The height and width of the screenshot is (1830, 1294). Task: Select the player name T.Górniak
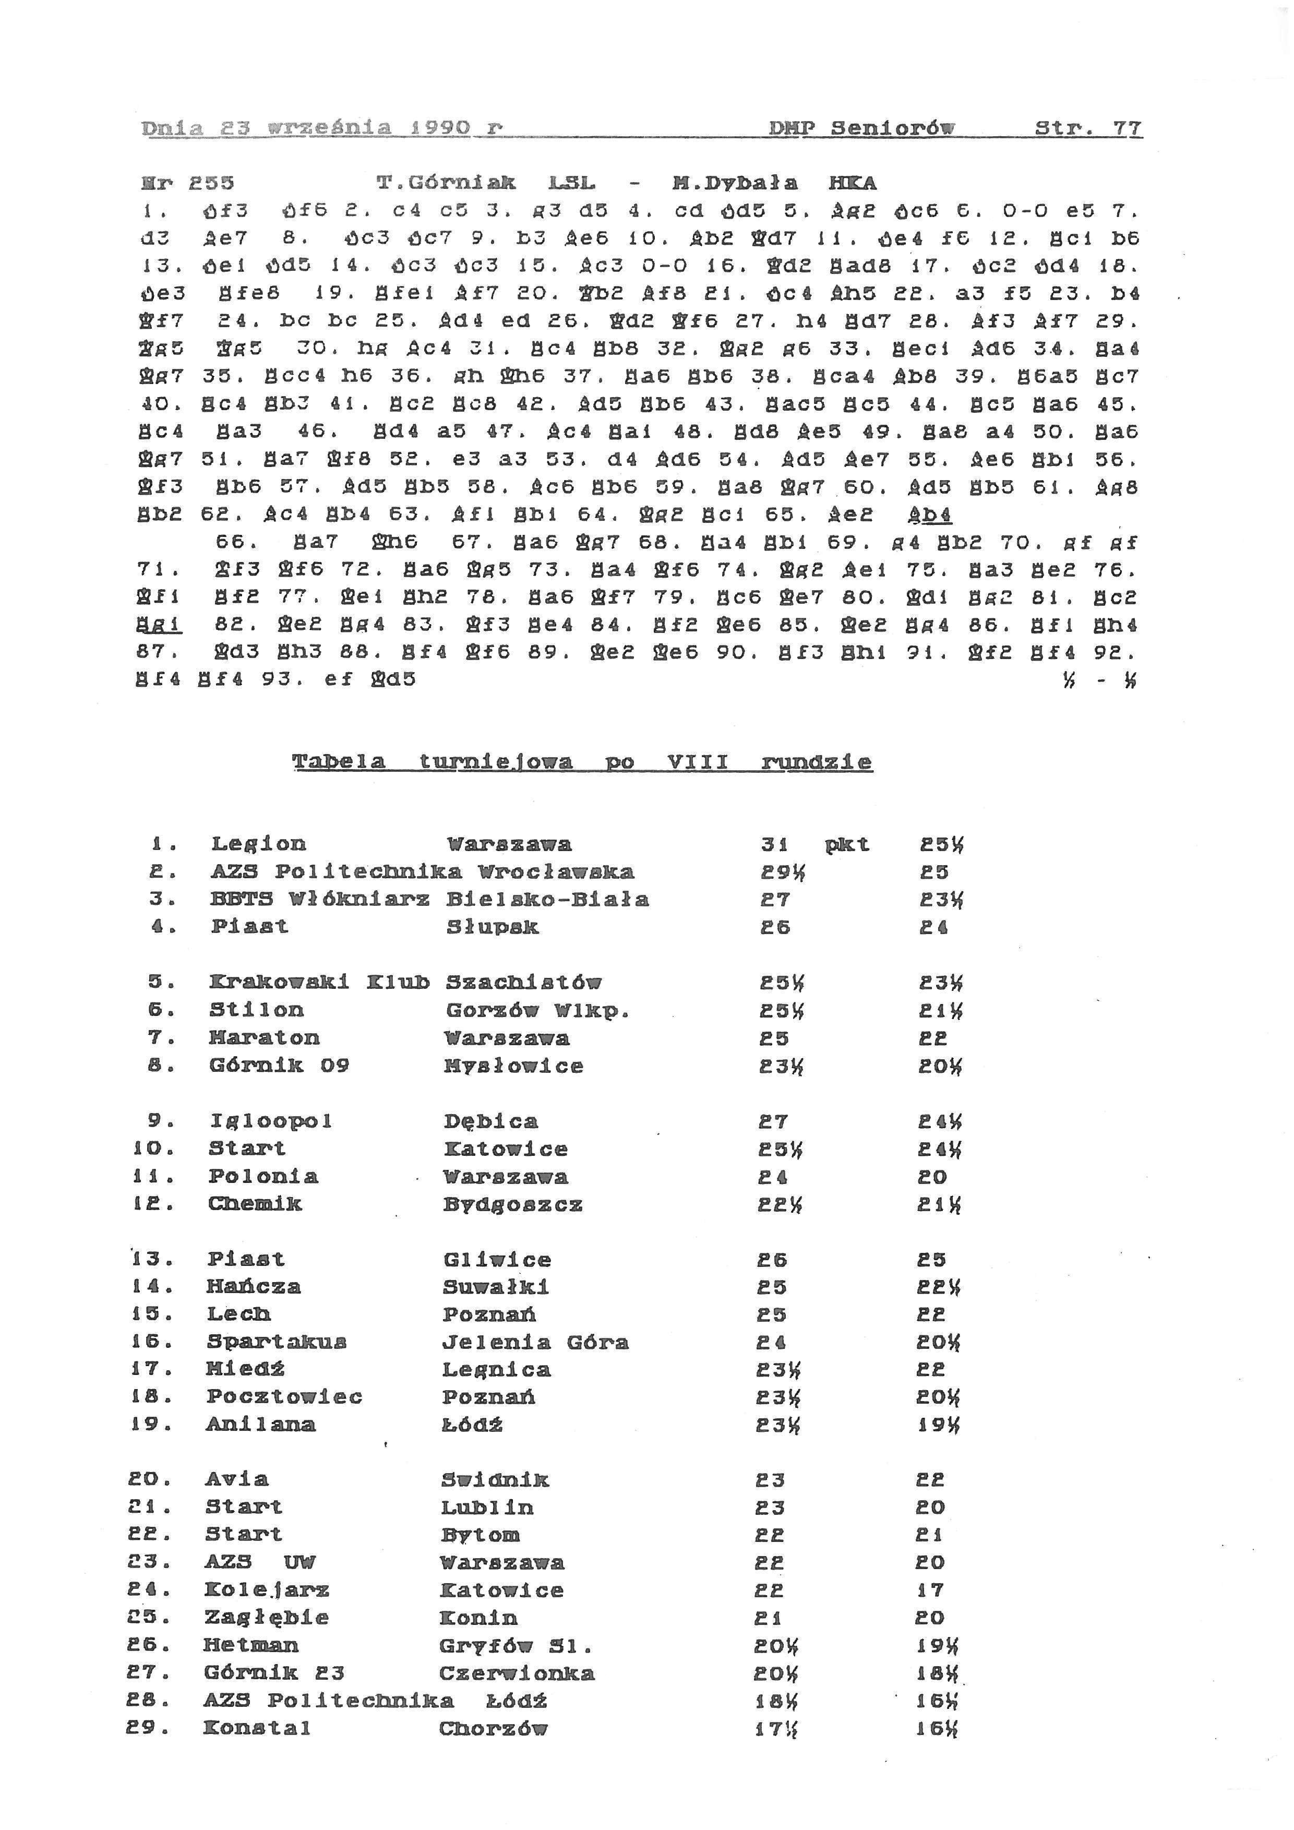446,183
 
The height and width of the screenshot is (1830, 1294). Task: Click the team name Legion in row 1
258,844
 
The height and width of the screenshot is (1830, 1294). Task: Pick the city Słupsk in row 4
493,927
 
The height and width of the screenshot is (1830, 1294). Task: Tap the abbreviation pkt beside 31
847,845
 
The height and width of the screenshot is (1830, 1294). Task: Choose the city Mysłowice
514,1066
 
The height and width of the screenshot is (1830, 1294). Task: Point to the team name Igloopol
271,1121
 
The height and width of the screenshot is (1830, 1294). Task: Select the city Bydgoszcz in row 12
513,1204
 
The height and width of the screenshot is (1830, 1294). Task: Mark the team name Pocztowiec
284,1397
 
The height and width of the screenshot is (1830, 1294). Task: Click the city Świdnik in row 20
495,1480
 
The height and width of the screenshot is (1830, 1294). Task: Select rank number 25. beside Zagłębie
148,1618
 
